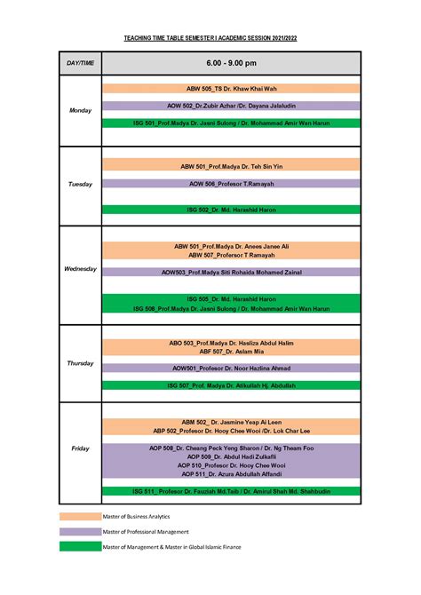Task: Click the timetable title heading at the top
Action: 210,39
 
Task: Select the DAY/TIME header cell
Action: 80,63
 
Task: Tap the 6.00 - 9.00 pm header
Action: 231,63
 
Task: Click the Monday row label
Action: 80,110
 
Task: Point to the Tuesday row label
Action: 80,184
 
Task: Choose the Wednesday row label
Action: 80,268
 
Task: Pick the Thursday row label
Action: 80,363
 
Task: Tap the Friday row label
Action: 80,448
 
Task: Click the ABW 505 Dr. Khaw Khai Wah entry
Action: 231,89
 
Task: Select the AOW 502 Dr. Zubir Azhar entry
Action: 231,106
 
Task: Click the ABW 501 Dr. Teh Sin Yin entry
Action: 231,166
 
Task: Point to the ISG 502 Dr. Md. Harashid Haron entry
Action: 231,210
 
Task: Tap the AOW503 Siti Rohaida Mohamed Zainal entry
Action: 231,272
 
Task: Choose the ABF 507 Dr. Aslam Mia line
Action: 231,352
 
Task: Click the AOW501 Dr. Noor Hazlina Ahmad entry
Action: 231,368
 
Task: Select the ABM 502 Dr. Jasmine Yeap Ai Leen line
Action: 231,422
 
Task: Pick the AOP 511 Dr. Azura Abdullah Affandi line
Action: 231,474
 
